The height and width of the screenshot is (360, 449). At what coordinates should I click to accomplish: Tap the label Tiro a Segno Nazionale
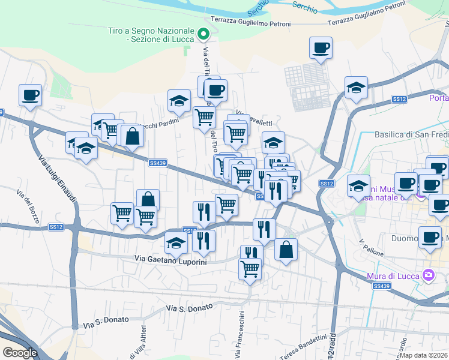pos(151,35)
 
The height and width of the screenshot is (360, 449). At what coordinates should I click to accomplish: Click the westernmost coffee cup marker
pos(30,95)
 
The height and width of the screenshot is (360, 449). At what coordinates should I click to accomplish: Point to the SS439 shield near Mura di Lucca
pos(381,287)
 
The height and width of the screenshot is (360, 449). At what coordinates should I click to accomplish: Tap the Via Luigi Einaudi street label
pos(57,178)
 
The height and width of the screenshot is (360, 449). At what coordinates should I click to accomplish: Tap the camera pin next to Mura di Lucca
pos(429,275)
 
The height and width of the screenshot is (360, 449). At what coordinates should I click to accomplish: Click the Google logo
pos(20,352)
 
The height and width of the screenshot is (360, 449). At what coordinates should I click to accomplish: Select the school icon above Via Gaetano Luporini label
pos(176,242)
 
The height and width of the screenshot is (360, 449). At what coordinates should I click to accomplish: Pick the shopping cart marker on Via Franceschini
pos(250,268)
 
